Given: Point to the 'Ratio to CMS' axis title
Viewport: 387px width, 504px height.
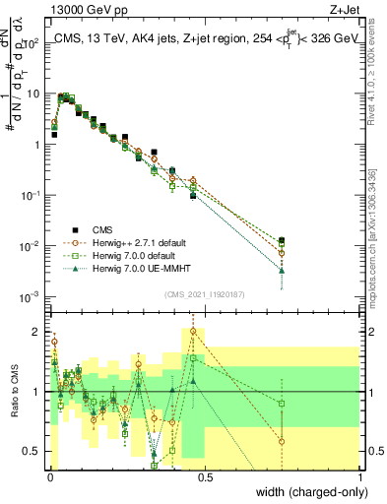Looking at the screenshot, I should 13,392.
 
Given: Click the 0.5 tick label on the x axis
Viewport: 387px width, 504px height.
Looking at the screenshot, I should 206,476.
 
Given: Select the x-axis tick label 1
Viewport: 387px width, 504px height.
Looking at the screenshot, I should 360,476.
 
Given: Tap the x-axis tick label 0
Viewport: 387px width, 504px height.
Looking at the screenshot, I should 50,476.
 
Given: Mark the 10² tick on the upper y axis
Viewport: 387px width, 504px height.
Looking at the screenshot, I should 32,42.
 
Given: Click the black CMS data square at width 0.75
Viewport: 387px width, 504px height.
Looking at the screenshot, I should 283,240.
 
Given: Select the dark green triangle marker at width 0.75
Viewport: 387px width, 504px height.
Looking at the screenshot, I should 283,270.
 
